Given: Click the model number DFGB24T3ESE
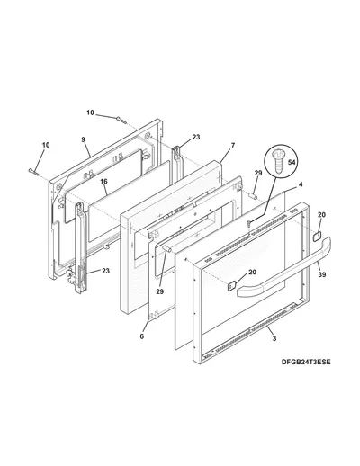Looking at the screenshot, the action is (x=306, y=362).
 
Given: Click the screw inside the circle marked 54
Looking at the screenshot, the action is (x=277, y=163).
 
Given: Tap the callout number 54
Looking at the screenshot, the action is (x=292, y=162).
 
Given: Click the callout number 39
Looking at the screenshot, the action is (x=322, y=274).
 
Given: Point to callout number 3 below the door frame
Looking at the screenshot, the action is (x=274, y=339).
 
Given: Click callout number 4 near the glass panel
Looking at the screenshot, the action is (x=301, y=184).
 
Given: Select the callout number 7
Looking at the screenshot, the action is (x=233, y=146).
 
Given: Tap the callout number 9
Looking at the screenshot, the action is (x=83, y=139).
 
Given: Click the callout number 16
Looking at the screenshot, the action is (x=103, y=181).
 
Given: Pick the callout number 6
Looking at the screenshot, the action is (x=142, y=336).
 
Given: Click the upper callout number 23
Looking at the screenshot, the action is (x=196, y=137).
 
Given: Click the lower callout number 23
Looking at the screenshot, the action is (x=105, y=271).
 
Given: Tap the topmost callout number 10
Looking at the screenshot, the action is (x=90, y=112).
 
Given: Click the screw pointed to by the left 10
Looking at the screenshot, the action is (x=33, y=171).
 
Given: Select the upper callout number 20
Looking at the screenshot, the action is (x=321, y=215).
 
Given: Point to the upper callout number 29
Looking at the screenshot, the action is (x=258, y=173).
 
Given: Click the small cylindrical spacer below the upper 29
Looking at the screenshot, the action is (x=253, y=196).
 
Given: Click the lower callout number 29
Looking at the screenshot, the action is (x=160, y=291).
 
